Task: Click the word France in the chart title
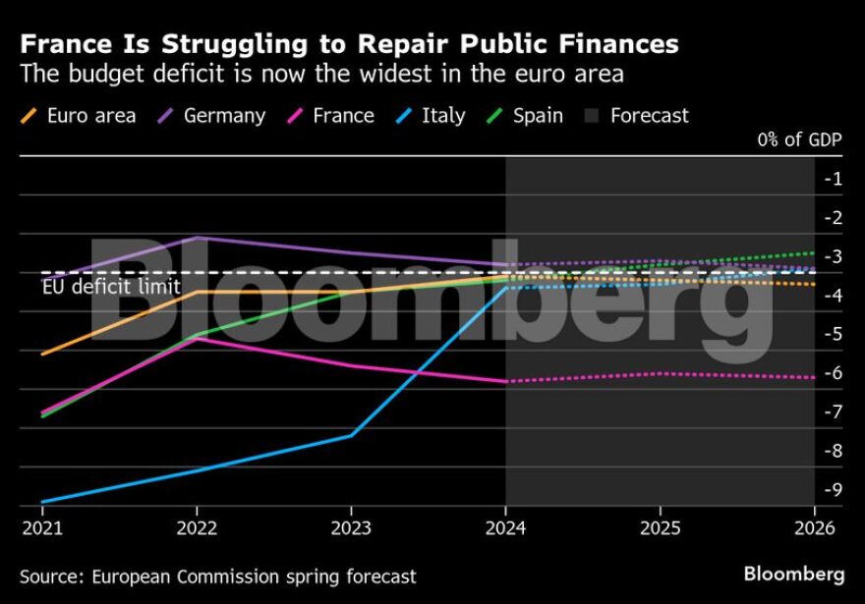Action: click(62, 44)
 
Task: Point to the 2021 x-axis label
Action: click(42, 527)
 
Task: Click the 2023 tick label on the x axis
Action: click(351, 527)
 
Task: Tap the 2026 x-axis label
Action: click(814, 527)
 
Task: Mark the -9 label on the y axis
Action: click(834, 490)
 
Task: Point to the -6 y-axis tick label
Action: click(834, 373)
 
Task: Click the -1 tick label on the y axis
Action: click(834, 179)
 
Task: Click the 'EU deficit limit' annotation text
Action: click(111, 287)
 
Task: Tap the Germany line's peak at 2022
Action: click(198, 238)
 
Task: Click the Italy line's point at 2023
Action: click(351, 435)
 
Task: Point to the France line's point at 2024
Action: click(505, 381)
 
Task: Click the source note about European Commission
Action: click(218, 577)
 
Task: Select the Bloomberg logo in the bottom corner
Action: click(793, 574)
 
